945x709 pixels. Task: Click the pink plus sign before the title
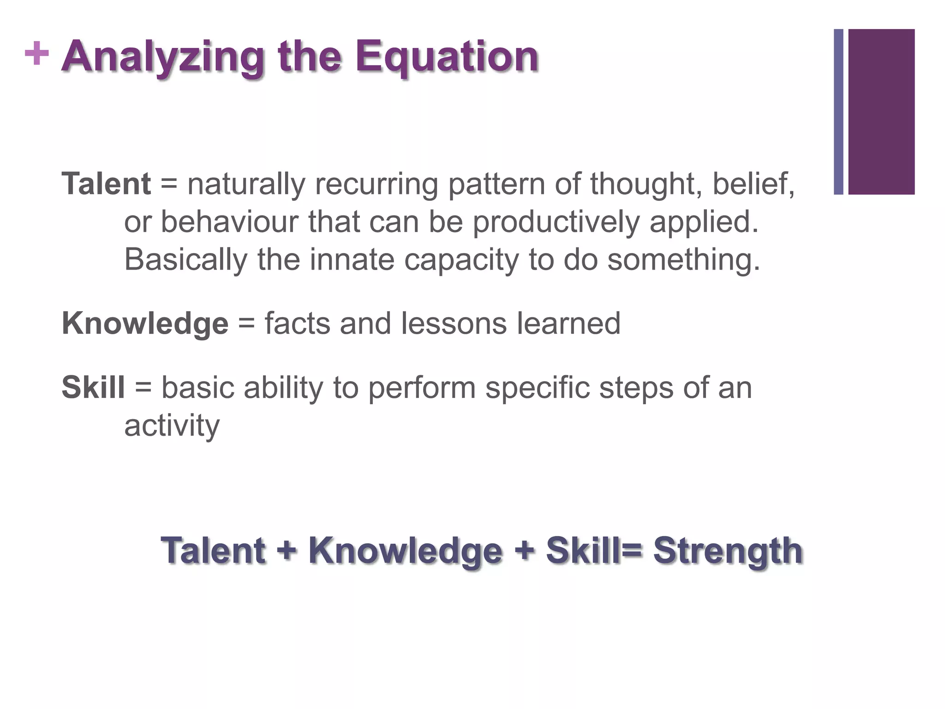coord(36,54)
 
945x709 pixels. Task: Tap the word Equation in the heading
coord(447,57)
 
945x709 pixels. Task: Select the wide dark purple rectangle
coord(881,112)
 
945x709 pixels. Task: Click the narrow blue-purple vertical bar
coord(838,112)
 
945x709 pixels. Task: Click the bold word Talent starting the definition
coord(106,184)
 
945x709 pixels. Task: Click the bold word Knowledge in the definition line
coord(145,324)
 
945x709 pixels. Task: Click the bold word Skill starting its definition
coord(93,387)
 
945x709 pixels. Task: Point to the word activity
coord(172,426)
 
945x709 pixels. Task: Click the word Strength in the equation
coord(728,551)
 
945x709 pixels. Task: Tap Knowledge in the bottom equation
coord(405,551)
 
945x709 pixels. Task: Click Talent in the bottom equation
coord(213,550)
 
